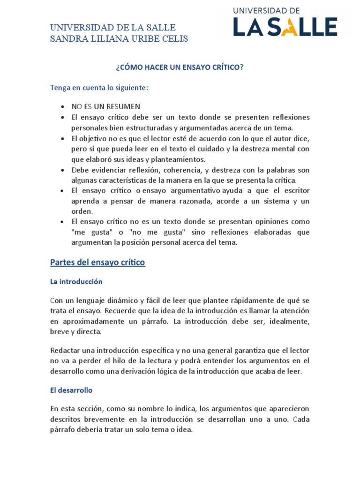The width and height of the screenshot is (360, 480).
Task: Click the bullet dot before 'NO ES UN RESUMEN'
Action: click(63, 106)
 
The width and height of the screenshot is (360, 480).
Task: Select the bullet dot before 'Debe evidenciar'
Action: click(63, 170)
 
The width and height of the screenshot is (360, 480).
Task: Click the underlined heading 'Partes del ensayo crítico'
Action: click(97, 262)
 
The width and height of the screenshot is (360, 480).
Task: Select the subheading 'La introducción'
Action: click(76, 282)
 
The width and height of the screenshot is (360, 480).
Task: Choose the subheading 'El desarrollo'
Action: click(71, 390)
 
